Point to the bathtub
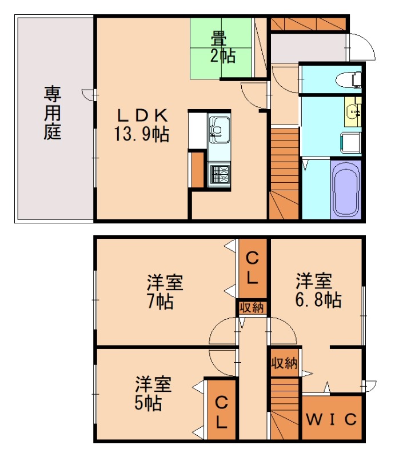[346, 188]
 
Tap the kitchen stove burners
[220, 174]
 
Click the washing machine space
[350, 141]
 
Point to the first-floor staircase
[284, 174]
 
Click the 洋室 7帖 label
[164, 291]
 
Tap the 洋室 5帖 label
[150, 393]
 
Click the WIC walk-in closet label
[332, 419]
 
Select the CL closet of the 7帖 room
[252, 268]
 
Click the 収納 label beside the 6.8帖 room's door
[284, 363]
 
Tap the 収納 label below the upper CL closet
[252, 307]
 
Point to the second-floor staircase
[285, 411]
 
